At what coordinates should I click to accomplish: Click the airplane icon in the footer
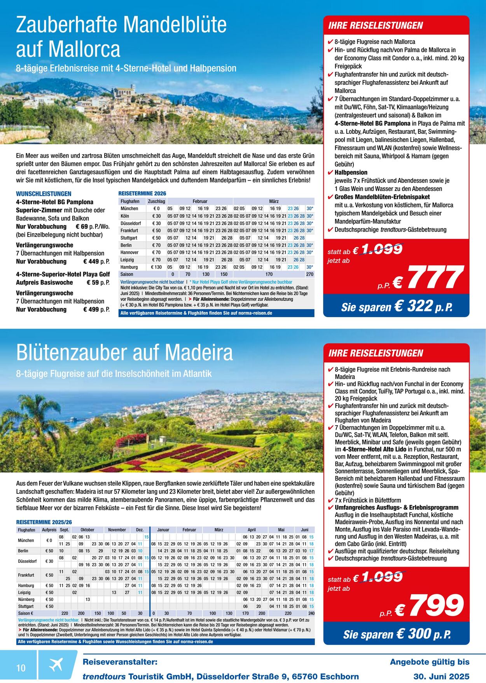click(x=56, y=664)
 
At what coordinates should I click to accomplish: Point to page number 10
click(x=21, y=668)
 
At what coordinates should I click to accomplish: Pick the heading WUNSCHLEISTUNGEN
click(x=44, y=193)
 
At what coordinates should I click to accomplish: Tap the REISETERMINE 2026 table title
click(x=142, y=193)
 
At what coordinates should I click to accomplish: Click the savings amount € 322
click(x=413, y=306)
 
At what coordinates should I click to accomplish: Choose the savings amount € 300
click(x=414, y=634)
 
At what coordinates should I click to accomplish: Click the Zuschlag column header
click(x=156, y=201)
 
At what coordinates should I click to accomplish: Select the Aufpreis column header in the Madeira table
click(x=49, y=530)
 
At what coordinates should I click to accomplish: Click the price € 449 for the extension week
click(x=91, y=262)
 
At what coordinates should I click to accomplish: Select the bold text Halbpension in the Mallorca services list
click(x=351, y=172)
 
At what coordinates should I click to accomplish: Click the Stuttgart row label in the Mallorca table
click(x=129, y=238)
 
